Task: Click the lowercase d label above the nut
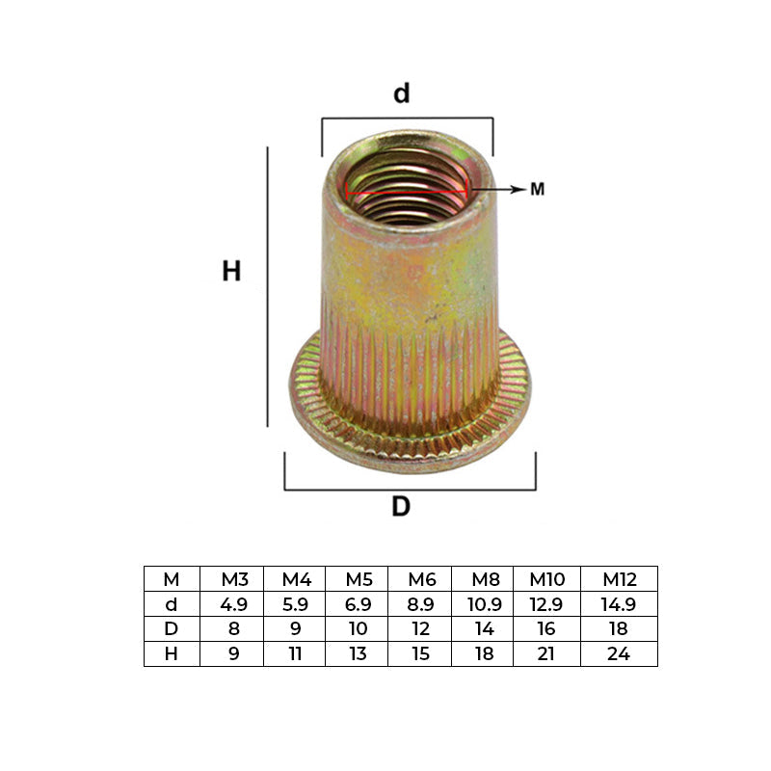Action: click(x=401, y=93)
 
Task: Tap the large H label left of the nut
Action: click(x=231, y=271)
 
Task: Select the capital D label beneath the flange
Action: click(x=401, y=506)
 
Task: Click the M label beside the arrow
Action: click(x=538, y=189)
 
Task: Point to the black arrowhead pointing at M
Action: click(x=518, y=189)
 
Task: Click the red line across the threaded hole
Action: click(x=407, y=192)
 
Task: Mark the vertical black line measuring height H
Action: click(x=268, y=286)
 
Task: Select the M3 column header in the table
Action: click(x=234, y=579)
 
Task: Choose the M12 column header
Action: click(x=620, y=579)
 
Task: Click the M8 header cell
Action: click(x=486, y=579)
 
